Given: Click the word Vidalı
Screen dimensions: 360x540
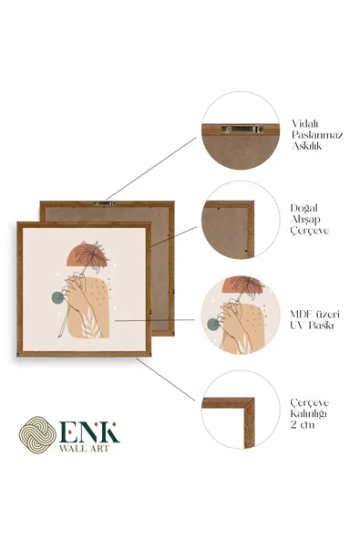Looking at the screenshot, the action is pyautogui.click(x=305, y=123).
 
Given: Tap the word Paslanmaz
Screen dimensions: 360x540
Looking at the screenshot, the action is pyautogui.click(x=317, y=135).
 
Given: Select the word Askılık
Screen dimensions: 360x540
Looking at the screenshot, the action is pyautogui.click(x=306, y=146).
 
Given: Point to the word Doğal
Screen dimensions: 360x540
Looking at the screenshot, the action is pyautogui.click(x=303, y=208).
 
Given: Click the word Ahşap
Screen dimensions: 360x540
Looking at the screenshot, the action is pyautogui.click(x=305, y=219).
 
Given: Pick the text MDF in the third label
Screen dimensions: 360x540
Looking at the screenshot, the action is pyautogui.click(x=301, y=314).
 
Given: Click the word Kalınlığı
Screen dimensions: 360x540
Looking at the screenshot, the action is pyautogui.click(x=308, y=413).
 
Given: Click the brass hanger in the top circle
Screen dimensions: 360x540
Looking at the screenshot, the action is pyautogui.click(x=242, y=130).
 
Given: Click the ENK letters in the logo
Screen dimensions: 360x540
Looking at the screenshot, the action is pyautogui.click(x=89, y=432).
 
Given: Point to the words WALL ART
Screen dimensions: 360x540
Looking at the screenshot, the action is pyautogui.click(x=85, y=449).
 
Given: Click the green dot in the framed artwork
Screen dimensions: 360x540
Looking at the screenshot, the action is pyautogui.click(x=57, y=297).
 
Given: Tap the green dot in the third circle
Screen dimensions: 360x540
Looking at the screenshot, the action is pyautogui.click(x=213, y=324).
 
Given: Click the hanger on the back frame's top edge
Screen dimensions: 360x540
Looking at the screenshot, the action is pyautogui.click(x=105, y=203).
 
